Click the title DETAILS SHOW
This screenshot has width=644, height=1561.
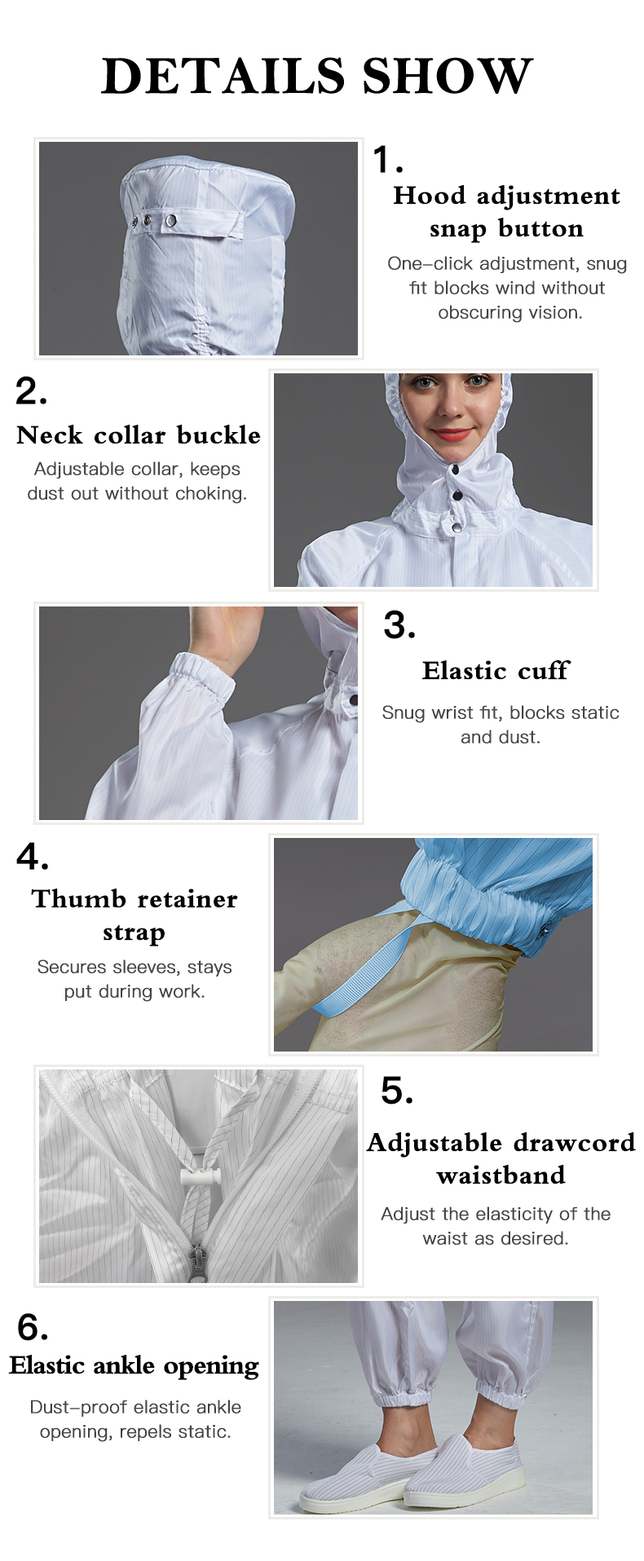317,76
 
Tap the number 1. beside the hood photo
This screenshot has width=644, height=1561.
387,159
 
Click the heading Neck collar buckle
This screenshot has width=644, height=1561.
139,434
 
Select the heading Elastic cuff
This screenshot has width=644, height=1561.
496,670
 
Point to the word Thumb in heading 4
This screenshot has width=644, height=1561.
78,898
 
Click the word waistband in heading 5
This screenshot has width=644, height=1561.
501,1175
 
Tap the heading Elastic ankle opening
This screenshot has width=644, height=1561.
135,1365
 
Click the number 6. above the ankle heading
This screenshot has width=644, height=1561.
33,1327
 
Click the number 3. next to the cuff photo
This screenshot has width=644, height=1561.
399,625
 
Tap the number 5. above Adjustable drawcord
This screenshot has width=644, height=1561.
397,1090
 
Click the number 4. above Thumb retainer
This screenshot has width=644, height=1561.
33,857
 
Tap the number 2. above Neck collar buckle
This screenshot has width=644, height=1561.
31,391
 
